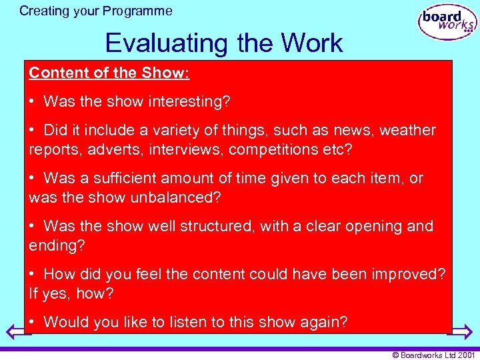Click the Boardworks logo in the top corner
[x=447, y=23]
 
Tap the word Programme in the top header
[x=142, y=11]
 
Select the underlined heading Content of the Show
[x=109, y=73]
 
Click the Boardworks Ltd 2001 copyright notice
[x=433, y=355]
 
